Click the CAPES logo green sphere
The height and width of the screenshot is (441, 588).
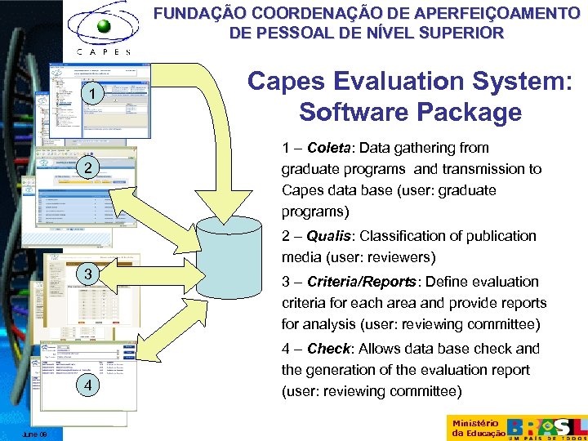pos(103,27)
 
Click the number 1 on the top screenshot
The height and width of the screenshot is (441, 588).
pos(94,96)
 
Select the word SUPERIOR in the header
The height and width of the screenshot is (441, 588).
pos(459,33)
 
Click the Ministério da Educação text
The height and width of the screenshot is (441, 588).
pos(474,427)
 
